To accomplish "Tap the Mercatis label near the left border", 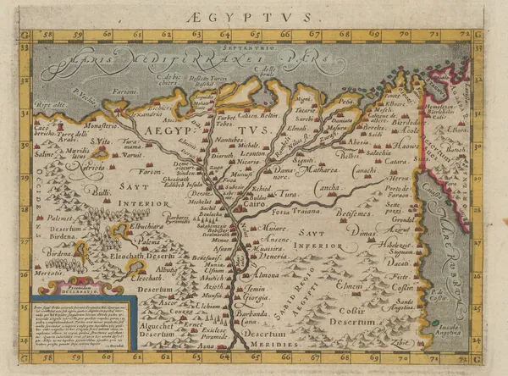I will click(x=49, y=274).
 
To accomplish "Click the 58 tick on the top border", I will click(x=47, y=36).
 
